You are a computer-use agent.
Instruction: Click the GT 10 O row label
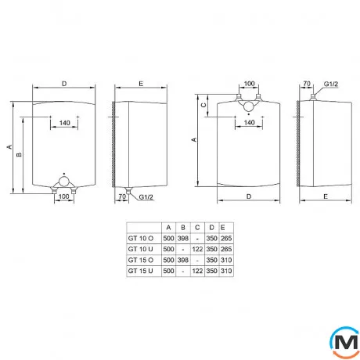click(x=140, y=238)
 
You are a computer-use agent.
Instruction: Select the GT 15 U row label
click(x=140, y=271)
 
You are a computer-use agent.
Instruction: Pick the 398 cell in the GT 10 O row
click(x=182, y=238)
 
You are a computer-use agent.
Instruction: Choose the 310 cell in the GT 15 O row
click(x=226, y=260)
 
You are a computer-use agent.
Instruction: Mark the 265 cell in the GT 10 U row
click(x=226, y=249)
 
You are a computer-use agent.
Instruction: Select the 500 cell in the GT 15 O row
click(x=167, y=260)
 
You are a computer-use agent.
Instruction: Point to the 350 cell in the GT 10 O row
click(x=212, y=238)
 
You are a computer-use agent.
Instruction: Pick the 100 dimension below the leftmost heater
click(x=64, y=196)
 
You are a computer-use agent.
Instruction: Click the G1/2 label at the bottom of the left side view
click(x=146, y=198)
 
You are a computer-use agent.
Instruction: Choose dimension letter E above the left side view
click(x=139, y=82)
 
